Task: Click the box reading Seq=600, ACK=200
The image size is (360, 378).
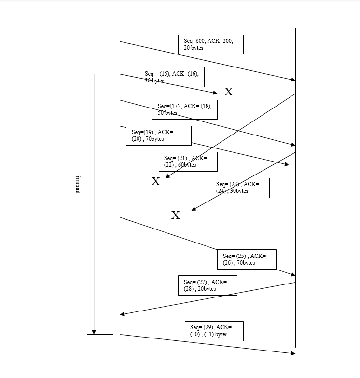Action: tap(210, 44)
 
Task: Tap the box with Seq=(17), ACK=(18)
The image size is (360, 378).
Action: tap(184, 109)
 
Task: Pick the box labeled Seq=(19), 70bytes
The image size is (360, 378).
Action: tap(158, 135)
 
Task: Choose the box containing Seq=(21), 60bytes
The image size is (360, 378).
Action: tap(188, 162)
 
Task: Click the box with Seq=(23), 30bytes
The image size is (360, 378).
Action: tap(240, 188)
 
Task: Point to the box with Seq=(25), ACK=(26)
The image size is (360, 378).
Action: tap(247, 259)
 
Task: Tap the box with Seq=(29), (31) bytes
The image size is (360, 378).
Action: tap(214, 331)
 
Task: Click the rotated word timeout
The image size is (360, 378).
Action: tap(78, 184)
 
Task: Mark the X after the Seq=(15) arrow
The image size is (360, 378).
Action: tap(229, 92)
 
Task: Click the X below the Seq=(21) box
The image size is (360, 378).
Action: tap(156, 182)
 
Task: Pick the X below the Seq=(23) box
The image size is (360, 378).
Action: tap(176, 216)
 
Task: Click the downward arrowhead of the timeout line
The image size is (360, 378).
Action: tap(94, 332)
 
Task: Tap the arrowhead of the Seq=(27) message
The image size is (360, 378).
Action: tap(122, 314)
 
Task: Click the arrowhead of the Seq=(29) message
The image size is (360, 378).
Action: tap(293, 353)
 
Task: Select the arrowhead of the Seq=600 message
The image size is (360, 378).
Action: tap(293, 80)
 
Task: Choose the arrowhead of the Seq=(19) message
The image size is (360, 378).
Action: tap(287, 165)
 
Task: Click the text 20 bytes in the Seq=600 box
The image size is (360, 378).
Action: tap(194, 48)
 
